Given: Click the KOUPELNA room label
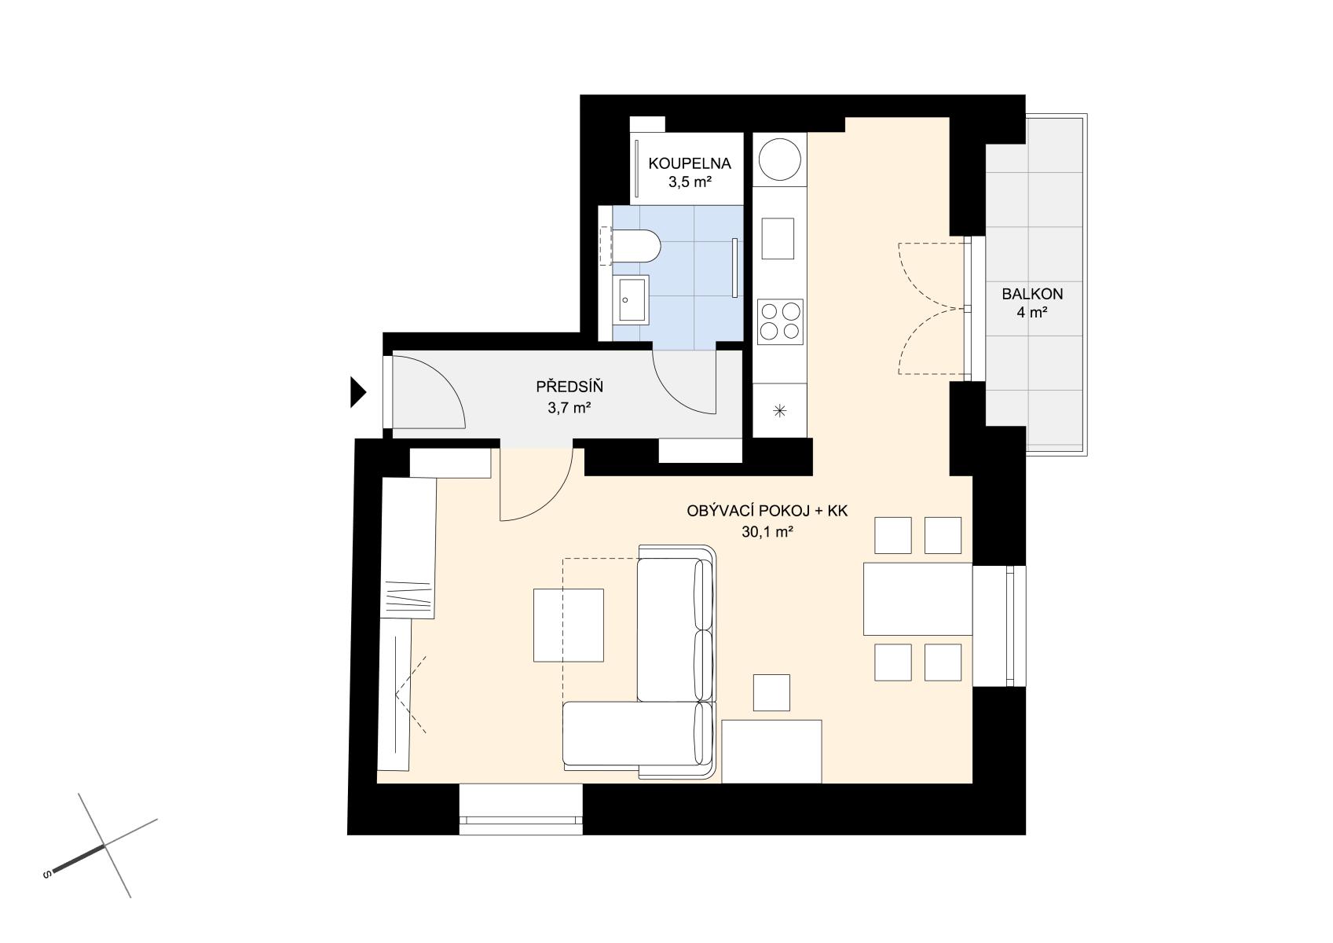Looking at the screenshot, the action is [690, 163].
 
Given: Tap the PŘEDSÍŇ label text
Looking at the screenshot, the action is [569, 387].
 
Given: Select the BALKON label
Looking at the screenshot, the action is [1032, 293].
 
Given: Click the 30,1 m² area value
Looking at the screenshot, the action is [767, 532].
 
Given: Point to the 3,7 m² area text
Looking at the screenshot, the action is [569, 408].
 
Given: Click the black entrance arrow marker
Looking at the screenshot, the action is [357, 392].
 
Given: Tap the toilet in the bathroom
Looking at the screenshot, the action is [635, 247].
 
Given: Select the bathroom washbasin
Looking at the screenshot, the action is [631, 300].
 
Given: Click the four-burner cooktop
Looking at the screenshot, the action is [780, 321].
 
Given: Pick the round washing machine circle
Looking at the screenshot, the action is [779, 160].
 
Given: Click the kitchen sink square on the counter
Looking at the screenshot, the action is [778, 238].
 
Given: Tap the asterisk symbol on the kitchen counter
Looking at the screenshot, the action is [779, 410].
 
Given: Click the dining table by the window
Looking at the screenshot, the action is [917, 599].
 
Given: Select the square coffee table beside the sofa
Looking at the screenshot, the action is [568, 625].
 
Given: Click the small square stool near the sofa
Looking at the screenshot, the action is [771, 692].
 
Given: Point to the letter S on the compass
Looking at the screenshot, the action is [46, 875].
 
